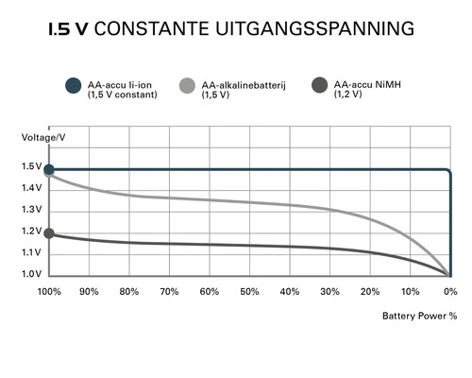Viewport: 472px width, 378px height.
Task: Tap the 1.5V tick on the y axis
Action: [x=31, y=168]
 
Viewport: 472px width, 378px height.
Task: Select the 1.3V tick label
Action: [x=31, y=210]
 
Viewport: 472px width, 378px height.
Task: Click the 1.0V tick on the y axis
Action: [x=31, y=274]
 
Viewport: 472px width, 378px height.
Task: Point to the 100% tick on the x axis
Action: [x=49, y=291]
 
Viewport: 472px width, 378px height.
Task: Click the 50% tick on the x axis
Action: [x=249, y=291]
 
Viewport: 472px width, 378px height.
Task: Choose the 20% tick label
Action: [x=370, y=291]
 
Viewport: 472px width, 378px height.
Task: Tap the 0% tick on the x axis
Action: [x=450, y=291]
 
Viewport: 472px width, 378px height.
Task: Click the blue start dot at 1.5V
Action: [x=49, y=169]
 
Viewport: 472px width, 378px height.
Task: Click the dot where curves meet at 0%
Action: [x=449, y=275]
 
